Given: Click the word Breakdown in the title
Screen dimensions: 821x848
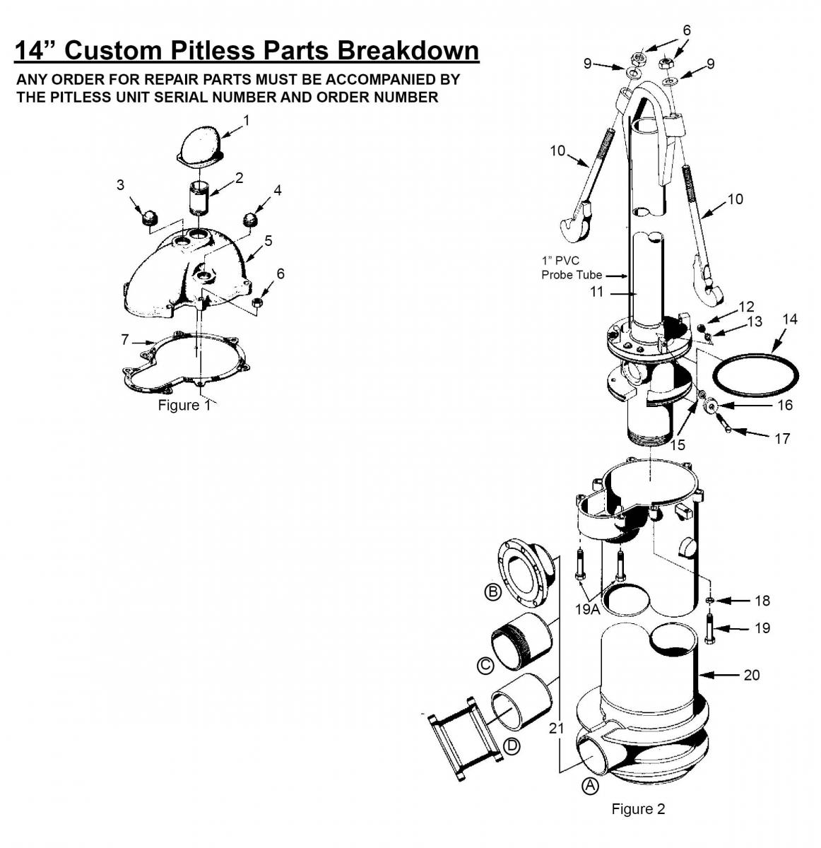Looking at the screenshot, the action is coord(408,50).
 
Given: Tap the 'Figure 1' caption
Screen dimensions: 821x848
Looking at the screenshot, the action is coord(184,405).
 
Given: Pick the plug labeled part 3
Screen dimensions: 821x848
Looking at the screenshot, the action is coord(150,216).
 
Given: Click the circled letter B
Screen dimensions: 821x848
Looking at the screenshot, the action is coord(493,592).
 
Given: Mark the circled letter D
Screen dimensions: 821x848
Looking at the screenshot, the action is coord(512,746).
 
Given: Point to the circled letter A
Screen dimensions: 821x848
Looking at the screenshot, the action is coord(590,786).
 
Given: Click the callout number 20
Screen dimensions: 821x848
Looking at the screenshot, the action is coord(751,675).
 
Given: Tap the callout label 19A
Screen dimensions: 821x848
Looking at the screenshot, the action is coord(587,609).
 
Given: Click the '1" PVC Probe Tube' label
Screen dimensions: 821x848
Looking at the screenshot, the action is coord(572,268).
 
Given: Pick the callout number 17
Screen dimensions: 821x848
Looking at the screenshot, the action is coord(782,438).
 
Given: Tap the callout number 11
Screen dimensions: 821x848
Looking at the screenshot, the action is coord(596,292).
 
